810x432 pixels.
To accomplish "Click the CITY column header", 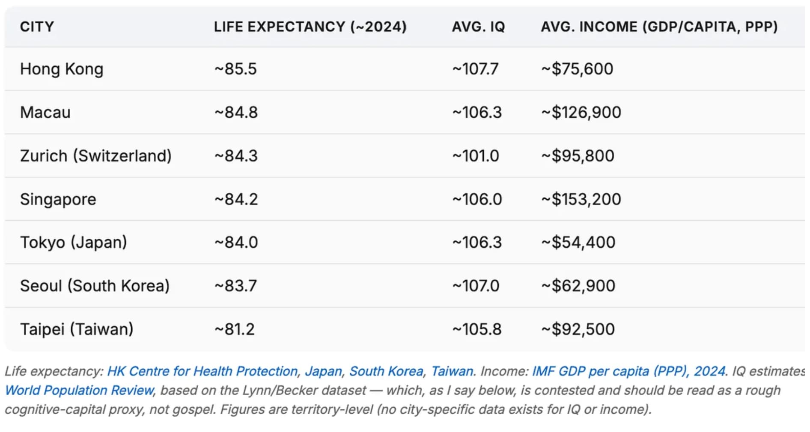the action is point(37,27).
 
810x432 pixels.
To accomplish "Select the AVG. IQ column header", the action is point(478,27).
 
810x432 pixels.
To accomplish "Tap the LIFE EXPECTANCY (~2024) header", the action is point(310,27).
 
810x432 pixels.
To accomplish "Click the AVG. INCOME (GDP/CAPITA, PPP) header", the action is point(659,27).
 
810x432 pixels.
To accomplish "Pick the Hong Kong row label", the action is point(62,69).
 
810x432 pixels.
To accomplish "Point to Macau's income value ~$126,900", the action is point(581,112).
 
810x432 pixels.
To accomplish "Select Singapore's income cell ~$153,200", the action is point(581,199).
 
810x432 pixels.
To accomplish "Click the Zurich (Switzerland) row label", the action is point(96,156).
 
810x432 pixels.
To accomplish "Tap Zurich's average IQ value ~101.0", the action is point(476,156).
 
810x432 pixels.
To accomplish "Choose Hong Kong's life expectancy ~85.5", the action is point(235,69).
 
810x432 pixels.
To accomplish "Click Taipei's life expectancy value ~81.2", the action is point(235,329).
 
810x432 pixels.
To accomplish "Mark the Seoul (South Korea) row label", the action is point(95,286).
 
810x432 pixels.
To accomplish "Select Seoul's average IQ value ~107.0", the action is point(476,286).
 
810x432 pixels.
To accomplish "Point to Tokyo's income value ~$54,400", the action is point(578,243).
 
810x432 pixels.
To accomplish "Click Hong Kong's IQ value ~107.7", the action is point(475,69).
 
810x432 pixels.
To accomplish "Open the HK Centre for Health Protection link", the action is point(202,371).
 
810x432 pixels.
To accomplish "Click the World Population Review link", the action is point(79,391).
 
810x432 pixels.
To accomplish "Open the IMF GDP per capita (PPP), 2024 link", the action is point(629,371).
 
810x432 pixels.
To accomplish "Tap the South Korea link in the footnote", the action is point(386,371).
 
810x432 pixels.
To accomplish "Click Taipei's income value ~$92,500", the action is point(578,329).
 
